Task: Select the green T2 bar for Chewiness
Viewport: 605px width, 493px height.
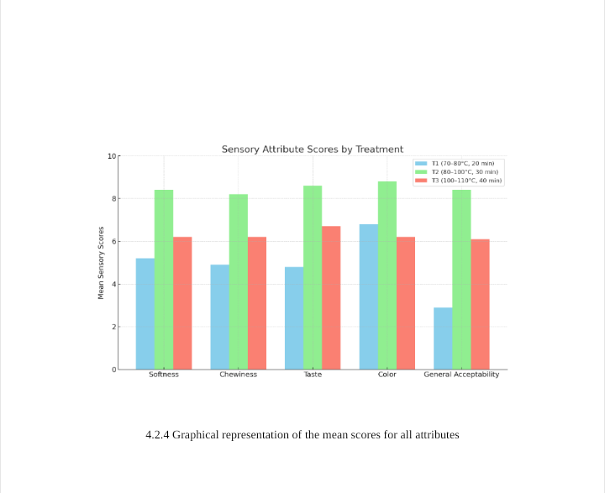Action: [239, 281]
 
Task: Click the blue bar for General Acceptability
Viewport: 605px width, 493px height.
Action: [443, 338]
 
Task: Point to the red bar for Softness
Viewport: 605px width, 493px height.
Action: [182, 302]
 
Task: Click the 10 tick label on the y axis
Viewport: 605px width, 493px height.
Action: [112, 156]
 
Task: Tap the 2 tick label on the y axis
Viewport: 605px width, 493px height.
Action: [113, 327]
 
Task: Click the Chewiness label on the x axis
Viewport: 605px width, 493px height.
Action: [239, 375]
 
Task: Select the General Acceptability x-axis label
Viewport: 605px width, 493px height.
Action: [461, 375]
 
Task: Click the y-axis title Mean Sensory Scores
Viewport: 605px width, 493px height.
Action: [102, 262]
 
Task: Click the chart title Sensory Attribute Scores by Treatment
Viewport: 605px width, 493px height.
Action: [313, 149]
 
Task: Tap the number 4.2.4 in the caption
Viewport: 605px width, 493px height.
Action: [158, 435]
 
